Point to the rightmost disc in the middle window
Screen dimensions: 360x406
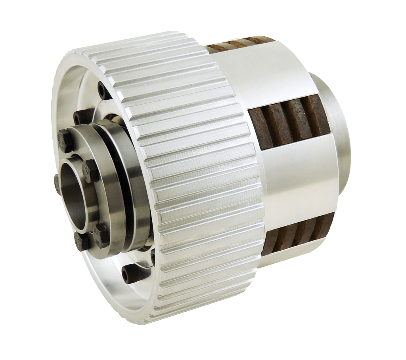(317, 119)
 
